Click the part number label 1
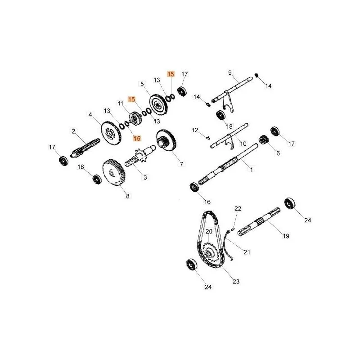[252, 170]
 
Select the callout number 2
[73, 131]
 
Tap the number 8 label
[128, 196]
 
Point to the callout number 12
[195, 130]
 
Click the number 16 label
[207, 202]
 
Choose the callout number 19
[286, 236]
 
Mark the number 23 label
[236, 281]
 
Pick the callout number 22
[238, 208]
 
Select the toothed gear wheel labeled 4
[111, 133]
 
